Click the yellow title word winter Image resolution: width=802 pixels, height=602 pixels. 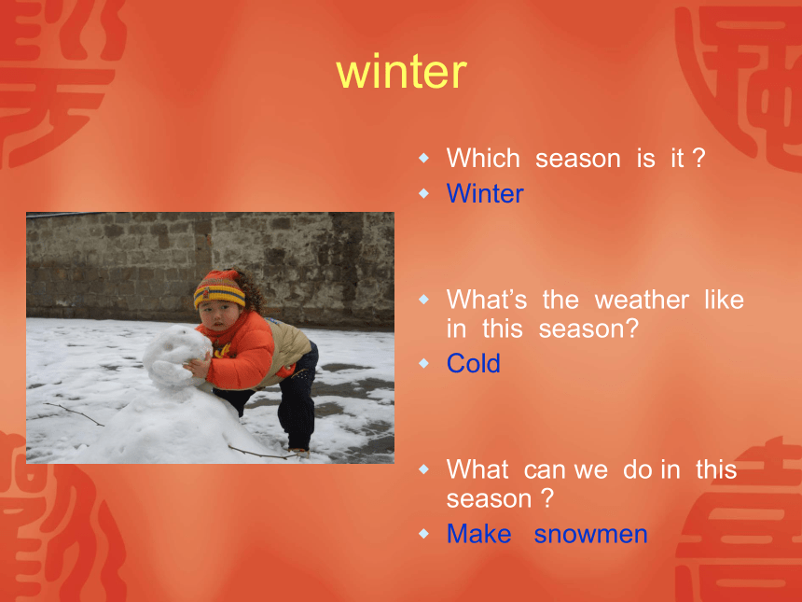click(402, 72)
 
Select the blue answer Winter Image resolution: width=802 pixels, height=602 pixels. click(485, 193)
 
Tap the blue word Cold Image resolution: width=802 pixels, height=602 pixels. click(473, 363)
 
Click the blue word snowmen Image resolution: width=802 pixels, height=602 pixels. click(590, 534)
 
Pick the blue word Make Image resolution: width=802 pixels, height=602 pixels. click(478, 534)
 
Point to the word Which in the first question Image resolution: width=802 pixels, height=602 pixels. click(483, 158)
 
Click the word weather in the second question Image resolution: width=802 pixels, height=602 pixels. click(642, 300)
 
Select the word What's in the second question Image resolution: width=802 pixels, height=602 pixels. click(487, 300)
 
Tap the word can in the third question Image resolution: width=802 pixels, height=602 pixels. click(542, 469)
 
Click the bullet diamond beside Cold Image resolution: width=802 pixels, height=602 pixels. click(423, 363)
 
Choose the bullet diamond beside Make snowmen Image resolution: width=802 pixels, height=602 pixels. click(423, 534)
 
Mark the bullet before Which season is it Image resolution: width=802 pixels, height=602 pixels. click(423, 157)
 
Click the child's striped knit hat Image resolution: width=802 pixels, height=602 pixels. click(220, 289)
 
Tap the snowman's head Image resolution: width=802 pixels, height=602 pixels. click(177, 355)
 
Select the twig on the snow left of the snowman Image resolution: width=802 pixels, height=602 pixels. click(75, 414)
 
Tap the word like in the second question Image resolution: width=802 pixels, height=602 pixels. click(724, 300)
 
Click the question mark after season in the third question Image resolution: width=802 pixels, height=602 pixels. click(547, 498)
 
